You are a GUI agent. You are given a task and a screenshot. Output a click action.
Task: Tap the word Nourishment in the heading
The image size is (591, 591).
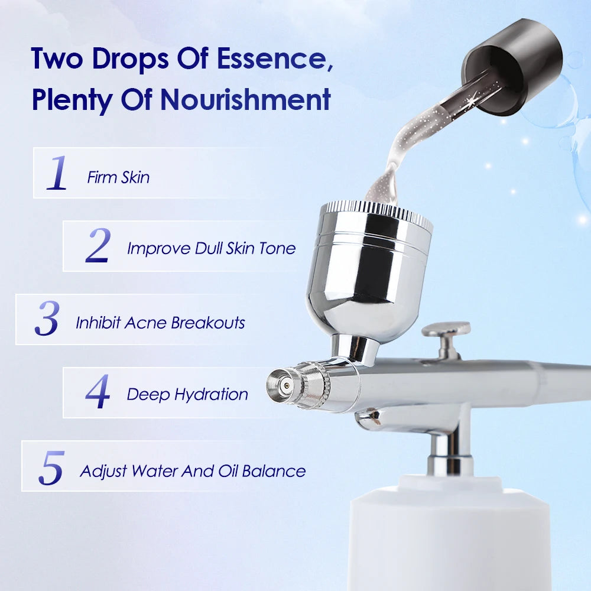point(246,99)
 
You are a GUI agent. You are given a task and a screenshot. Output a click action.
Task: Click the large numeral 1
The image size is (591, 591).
point(57,173)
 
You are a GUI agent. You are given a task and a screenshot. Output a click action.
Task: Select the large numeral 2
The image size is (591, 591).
point(98,245)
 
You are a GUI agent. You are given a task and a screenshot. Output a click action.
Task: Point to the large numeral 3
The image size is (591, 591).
point(47,318)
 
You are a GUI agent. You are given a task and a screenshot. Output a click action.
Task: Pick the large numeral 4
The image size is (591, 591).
point(98,391)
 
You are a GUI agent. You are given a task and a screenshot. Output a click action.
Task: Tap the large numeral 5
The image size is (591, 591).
point(51,467)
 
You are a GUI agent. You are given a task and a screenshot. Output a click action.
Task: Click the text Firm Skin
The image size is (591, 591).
point(118,177)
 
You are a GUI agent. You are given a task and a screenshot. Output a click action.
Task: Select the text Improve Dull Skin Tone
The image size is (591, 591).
point(211,249)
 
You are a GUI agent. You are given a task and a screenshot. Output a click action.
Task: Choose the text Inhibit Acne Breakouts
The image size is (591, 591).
point(160,323)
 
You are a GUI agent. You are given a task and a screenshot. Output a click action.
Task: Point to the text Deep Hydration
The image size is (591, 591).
point(187,395)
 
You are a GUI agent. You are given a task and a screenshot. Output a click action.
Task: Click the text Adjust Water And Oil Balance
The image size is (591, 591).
point(193,472)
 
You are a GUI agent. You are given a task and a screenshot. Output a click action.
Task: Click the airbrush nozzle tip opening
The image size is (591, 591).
point(286,385)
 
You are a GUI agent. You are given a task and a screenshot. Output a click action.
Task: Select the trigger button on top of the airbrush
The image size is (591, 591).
point(446,339)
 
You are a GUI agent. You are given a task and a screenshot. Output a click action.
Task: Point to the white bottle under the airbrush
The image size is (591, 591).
point(449,535)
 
